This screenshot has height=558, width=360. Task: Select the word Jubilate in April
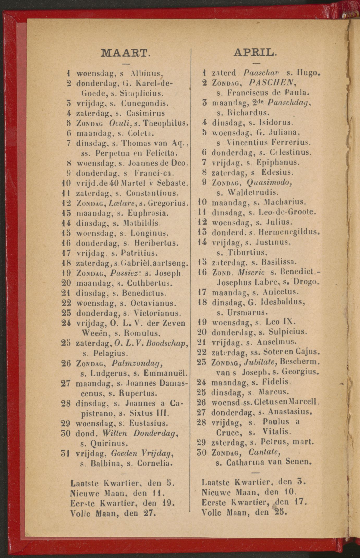(x=260, y=362)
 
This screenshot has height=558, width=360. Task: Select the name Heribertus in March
(x=157, y=243)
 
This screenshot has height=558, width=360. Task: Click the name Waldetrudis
(x=250, y=193)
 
